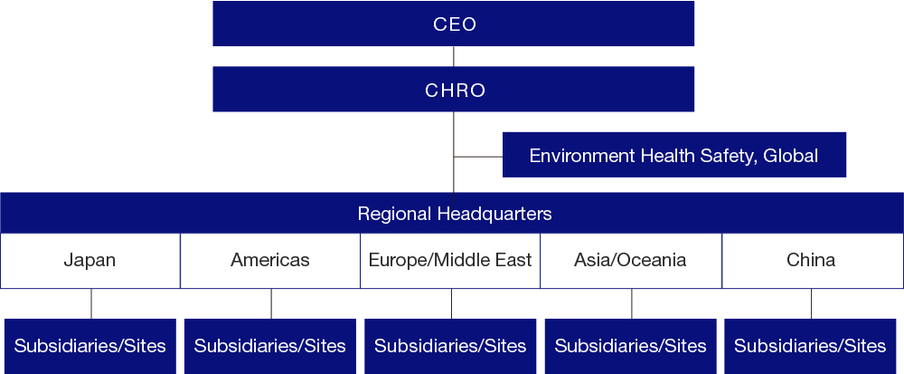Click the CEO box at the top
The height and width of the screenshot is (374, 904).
[x=453, y=24]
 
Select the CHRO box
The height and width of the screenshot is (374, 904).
[x=453, y=90]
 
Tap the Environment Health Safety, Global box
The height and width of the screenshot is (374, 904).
[x=673, y=155]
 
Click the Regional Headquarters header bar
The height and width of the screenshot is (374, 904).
[x=452, y=214]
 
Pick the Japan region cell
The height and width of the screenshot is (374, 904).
[x=89, y=261]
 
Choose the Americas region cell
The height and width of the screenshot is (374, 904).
[x=270, y=261]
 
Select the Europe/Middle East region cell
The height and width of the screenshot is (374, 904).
[x=450, y=261]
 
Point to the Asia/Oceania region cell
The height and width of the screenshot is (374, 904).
[x=630, y=261]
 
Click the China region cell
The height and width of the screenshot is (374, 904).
[x=811, y=261]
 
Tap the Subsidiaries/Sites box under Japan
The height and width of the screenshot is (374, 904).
[x=89, y=346]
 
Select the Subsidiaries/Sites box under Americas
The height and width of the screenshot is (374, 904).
[x=270, y=346]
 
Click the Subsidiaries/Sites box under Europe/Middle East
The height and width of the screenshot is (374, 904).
[x=450, y=346]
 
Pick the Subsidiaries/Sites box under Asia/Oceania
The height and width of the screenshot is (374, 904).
[x=630, y=346]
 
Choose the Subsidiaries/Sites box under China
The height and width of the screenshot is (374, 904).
[x=811, y=346]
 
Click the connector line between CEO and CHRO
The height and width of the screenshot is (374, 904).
[x=454, y=56]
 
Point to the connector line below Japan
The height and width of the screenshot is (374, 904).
[x=91, y=303]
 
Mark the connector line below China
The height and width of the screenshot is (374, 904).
[x=811, y=303]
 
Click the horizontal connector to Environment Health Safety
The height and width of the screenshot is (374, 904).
[x=478, y=157]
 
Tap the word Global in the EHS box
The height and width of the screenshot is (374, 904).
[x=790, y=156]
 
